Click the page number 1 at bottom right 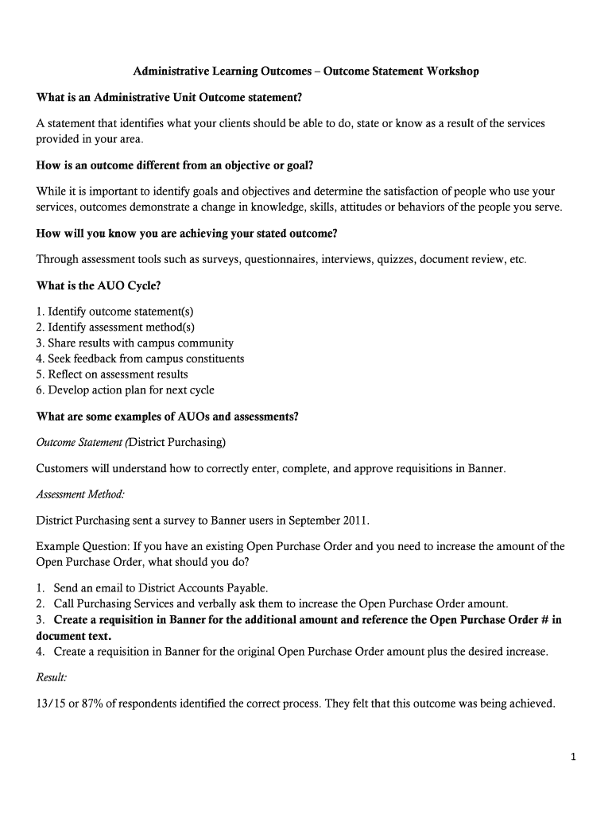pos(572,757)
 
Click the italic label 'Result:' pos(52,677)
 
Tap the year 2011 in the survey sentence pos(351,521)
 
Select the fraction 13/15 pos(51,703)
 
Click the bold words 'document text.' pos(74,636)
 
